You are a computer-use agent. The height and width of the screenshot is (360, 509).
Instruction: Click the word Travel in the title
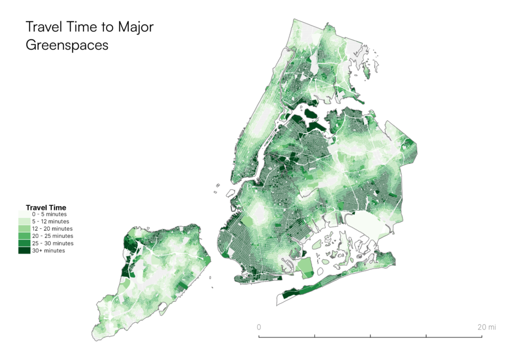pos(43,27)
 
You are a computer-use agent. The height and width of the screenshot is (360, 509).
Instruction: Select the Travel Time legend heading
pos(46,207)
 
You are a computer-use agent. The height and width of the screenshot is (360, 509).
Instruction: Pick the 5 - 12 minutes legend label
pos(51,221)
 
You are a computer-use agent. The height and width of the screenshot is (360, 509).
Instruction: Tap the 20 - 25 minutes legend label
pos(53,236)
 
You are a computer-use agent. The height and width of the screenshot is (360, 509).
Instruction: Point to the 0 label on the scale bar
pos(258,327)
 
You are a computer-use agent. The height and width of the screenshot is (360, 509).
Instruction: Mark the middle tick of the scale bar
pos(370,337)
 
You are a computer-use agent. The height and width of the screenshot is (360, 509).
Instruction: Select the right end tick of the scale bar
pos(482,337)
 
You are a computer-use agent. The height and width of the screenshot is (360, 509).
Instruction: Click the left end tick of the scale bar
pos(259,337)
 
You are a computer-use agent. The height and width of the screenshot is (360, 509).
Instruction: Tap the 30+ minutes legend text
pos(49,251)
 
